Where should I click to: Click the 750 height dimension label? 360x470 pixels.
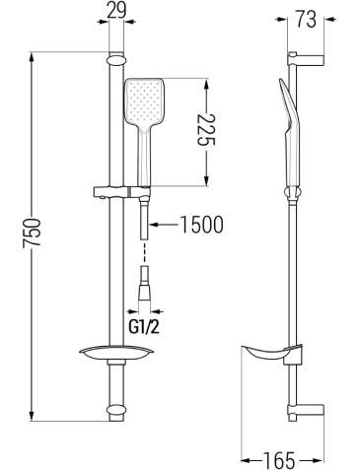[x=33, y=232]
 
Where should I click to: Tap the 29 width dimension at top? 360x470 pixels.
[x=116, y=10]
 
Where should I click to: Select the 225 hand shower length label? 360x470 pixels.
[x=206, y=130]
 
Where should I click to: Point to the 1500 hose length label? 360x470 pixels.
[x=202, y=225]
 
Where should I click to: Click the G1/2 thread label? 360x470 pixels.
[x=144, y=326]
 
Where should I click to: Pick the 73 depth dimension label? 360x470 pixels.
[x=306, y=20]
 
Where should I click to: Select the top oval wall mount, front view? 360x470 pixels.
[x=116, y=60]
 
